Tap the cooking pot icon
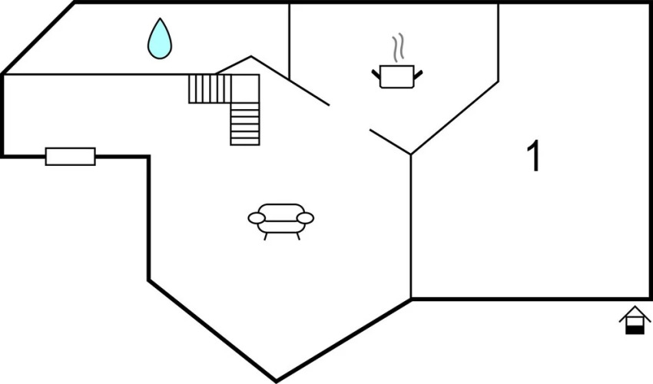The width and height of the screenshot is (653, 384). [397, 77]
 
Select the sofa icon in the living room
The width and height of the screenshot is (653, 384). [281, 222]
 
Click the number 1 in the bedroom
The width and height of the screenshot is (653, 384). [533, 156]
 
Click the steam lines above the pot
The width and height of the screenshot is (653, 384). [398, 48]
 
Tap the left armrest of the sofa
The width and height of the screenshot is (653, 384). [257, 218]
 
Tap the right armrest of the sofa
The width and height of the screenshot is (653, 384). [305, 218]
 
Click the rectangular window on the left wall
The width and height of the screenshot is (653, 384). [71, 157]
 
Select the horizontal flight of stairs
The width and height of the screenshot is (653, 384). [210, 89]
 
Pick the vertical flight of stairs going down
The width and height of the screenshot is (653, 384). [245, 124]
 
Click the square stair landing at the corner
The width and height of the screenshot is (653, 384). [245, 89]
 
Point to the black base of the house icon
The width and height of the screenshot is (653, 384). [635, 330]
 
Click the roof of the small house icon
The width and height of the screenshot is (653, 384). [635, 313]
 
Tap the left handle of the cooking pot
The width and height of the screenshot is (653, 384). [376, 74]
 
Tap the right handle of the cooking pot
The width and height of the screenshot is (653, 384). [418, 74]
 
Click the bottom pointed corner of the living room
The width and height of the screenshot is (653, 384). [276, 380]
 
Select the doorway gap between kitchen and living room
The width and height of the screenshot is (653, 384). [350, 118]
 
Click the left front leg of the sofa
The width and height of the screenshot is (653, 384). [265, 237]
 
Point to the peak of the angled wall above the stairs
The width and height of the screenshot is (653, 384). [250, 56]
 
